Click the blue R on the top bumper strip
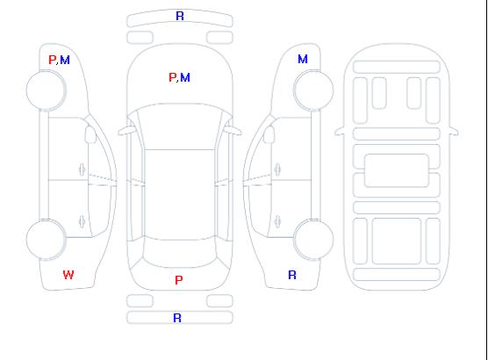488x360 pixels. coord(180,16)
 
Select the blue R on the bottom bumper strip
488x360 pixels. coord(177,318)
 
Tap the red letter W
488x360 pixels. coord(68,275)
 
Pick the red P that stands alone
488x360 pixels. coord(179,280)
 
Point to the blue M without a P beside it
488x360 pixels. coord(303,59)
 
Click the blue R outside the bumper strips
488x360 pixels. coord(292,275)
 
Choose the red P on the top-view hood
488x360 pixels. coord(172,77)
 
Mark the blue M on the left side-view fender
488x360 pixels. coord(65,60)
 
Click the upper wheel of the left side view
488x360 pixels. coord(46,90)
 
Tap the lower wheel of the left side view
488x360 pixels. coord(46,240)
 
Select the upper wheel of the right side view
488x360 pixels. coord(313,90)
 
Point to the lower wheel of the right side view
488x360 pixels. coord(313,240)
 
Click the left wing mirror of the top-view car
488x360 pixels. coord(126,131)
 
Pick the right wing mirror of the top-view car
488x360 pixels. coord(233,131)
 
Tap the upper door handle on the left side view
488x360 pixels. coord(82,169)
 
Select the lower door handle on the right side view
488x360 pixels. coord(277,221)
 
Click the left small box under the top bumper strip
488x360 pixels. coord(140,38)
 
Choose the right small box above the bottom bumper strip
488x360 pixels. coord(219,301)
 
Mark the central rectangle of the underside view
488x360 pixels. coord(397,170)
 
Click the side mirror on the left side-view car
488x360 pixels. coord(90,134)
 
